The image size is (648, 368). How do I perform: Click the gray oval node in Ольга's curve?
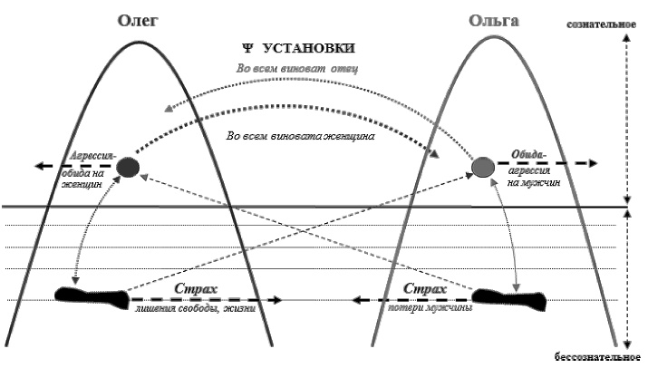[483, 166]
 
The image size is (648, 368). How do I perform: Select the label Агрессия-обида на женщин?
[87, 168]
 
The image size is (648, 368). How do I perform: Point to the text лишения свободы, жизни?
[196, 309]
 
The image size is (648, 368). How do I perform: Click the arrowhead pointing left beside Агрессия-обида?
[41, 166]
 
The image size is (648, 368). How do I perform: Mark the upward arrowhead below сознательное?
[627, 39]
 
